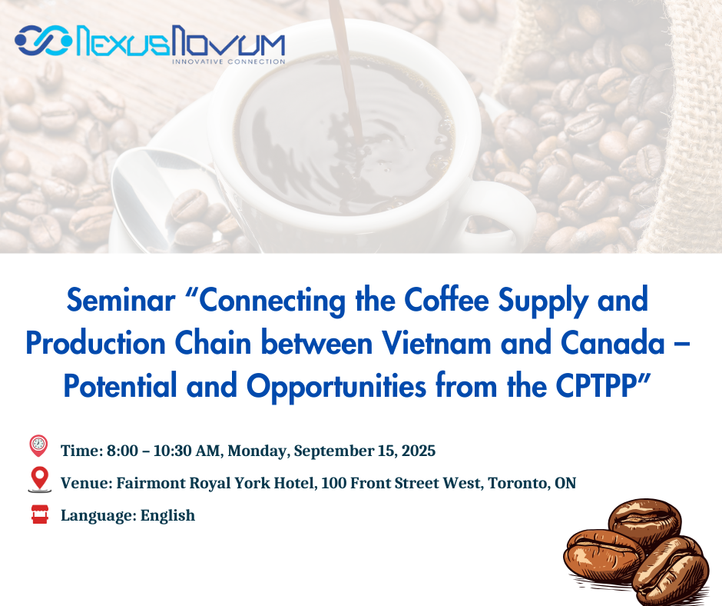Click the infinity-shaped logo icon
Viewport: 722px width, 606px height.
pyautogui.click(x=44, y=41)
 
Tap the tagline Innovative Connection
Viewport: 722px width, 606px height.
pyautogui.click(x=229, y=62)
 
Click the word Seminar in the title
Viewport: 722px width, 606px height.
pyautogui.click(x=121, y=300)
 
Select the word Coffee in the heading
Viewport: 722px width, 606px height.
pyautogui.click(x=446, y=300)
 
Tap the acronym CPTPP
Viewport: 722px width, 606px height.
pyautogui.click(x=596, y=386)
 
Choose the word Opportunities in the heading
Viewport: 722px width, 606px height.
pyautogui.click(x=336, y=388)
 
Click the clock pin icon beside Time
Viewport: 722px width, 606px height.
pyautogui.click(x=38, y=445)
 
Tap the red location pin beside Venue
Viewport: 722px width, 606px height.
pyautogui.click(x=40, y=478)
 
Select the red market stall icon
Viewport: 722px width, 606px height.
pyautogui.click(x=40, y=514)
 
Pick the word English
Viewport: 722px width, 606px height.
pyautogui.click(x=167, y=515)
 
